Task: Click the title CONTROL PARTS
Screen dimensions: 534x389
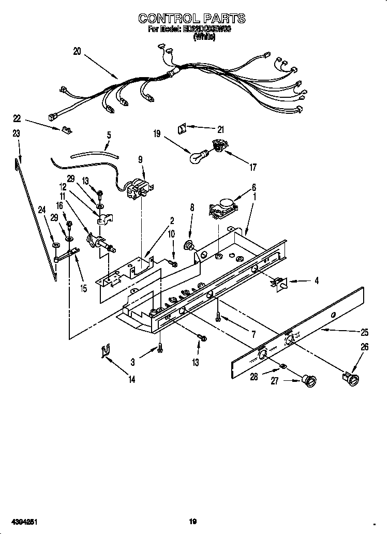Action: (x=191, y=19)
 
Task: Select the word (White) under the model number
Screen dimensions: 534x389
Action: (x=204, y=38)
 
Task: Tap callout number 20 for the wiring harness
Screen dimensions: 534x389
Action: (x=77, y=51)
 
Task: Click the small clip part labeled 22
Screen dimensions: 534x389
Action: (x=65, y=130)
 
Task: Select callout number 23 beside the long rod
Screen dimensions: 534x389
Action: (x=16, y=133)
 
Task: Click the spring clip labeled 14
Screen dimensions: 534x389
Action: (x=105, y=351)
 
